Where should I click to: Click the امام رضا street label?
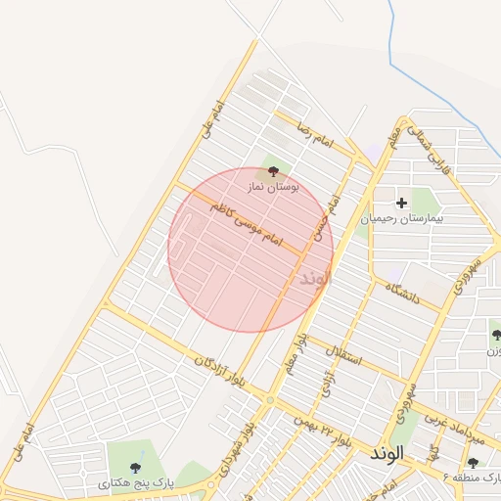(x=318, y=138)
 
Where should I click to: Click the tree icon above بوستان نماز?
(x=273, y=170)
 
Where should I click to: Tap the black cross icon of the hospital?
(x=401, y=203)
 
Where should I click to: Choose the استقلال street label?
(x=347, y=354)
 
